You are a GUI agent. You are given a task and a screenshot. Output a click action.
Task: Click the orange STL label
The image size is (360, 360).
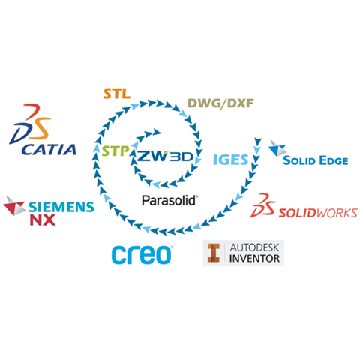tap(117, 94)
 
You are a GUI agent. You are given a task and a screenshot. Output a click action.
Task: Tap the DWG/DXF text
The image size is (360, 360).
tap(220, 103)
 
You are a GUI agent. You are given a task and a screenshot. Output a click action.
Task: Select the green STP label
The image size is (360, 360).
tap(115, 151)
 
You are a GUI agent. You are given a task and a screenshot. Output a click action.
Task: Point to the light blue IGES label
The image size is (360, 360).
tap(230, 160)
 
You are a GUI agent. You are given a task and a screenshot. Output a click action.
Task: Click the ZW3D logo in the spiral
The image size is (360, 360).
tap(166, 157)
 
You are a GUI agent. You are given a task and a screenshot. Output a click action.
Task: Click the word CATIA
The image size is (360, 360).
tap(49, 149)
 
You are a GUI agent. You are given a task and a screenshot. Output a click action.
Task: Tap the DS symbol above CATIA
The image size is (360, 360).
tap(30, 124)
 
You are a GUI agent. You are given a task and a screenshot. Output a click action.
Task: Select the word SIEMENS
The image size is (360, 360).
tap(61, 207)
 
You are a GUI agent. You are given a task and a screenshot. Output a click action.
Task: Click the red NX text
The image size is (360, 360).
tap(43, 220)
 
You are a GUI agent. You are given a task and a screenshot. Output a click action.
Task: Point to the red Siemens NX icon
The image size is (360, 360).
tap(14, 206)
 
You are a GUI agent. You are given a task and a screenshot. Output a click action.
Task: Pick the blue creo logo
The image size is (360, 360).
tap(142, 254)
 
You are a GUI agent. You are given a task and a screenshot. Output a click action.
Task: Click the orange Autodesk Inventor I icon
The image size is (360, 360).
tap(214, 253)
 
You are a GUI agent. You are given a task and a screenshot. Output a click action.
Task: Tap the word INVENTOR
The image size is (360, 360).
tap(254, 259)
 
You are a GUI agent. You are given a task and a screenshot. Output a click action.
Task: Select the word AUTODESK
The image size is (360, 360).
tap(254, 247)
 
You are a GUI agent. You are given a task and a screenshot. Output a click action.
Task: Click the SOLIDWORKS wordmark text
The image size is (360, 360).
tap(318, 213)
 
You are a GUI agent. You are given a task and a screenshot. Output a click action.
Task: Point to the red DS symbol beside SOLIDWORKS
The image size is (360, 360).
tap(262, 205)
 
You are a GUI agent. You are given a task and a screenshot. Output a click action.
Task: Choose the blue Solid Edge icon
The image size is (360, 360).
tap(277, 148)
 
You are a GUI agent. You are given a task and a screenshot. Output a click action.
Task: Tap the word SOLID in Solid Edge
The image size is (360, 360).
tap(299, 160)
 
